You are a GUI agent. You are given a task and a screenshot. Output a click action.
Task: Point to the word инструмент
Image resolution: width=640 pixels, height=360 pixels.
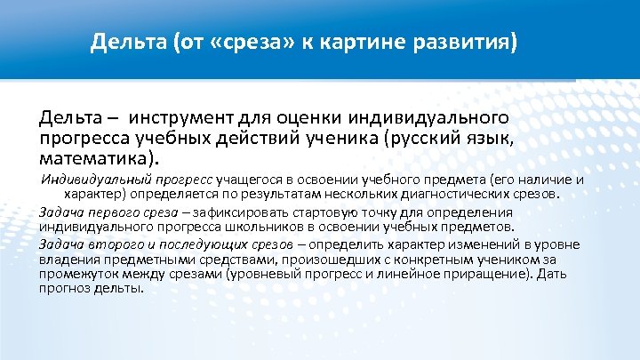click(183, 117)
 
